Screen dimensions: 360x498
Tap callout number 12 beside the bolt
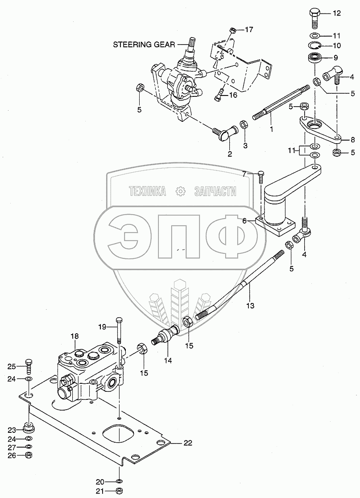click(336, 13)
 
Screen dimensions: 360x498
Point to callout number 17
click(249, 30)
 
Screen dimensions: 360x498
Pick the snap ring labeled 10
click(314, 46)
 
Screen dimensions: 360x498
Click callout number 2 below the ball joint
click(230, 154)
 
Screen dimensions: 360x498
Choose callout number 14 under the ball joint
click(167, 359)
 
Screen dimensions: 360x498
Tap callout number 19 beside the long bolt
click(102, 327)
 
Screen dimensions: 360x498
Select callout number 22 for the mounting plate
click(188, 443)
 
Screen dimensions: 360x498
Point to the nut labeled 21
click(119, 491)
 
